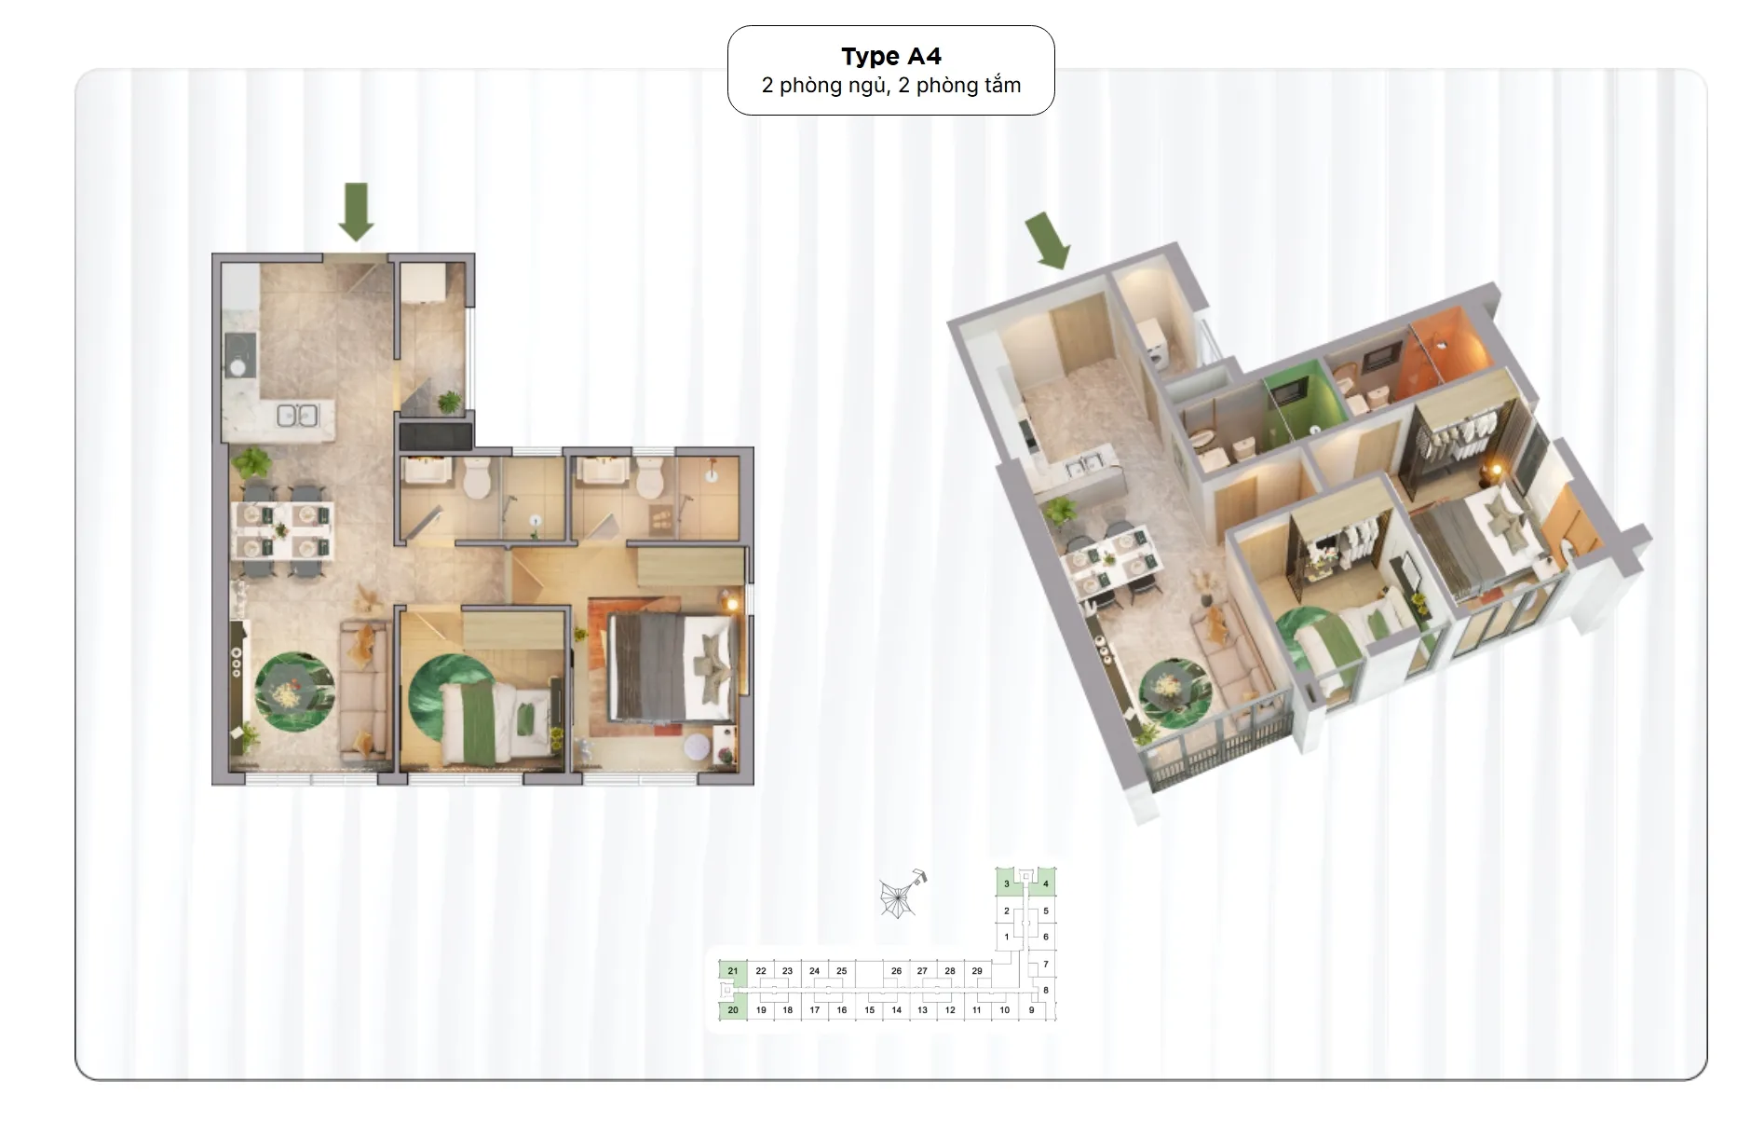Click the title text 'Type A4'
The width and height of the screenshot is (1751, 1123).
(x=891, y=57)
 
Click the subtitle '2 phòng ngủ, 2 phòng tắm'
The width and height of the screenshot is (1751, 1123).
(x=891, y=86)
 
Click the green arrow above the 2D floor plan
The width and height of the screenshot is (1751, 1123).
(x=356, y=212)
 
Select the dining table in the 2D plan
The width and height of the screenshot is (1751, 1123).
(x=282, y=529)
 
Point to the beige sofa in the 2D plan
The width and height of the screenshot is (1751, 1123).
(x=364, y=689)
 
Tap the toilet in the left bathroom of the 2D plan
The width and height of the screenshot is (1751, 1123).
(x=477, y=478)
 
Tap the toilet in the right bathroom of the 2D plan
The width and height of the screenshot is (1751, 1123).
(x=648, y=478)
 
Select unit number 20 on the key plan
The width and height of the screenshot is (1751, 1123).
(x=733, y=1010)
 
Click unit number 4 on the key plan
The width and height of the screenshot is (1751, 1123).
(x=1046, y=883)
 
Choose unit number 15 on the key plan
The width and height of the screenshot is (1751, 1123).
(x=870, y=1010)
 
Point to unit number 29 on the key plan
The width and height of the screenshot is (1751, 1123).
(x=977, y=971)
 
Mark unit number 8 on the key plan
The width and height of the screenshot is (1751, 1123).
(x=1046, y=990)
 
